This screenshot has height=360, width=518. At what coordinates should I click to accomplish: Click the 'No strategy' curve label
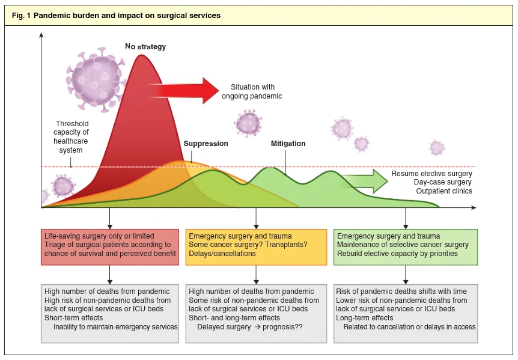click(x=145, y=46)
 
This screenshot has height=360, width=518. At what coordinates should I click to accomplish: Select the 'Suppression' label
click(x=206, y=144)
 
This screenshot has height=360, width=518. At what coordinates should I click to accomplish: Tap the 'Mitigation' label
click(x=288, y=144)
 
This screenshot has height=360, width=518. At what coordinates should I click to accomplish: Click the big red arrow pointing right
click(x=184, y=91)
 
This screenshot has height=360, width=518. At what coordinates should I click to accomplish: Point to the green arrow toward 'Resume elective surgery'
click(x=364, y=181)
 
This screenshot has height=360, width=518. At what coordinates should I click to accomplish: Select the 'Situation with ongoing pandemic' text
click(x=252, y=91)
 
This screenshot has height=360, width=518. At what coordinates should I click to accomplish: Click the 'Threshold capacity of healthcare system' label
click(x=71, y=137)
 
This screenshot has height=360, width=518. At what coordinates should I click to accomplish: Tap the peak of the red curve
click(x=141, y=55)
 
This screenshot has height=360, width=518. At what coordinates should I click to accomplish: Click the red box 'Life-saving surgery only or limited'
click(x=110, y=247)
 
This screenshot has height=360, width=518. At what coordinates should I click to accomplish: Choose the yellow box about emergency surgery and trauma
click(x=256, y=247)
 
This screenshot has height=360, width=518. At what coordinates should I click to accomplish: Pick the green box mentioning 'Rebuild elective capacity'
click(x=406, y=247)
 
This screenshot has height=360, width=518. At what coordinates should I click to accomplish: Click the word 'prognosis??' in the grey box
click(x=283, y=327)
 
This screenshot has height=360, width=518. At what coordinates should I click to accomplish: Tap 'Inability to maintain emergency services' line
click(x=115, y=327)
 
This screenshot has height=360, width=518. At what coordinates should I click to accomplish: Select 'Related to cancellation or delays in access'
click(x=410, y=327)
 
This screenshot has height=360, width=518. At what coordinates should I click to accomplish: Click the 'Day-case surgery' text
click(x=443, y=182)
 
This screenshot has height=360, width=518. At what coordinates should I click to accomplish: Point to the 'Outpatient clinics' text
click(x=444, y=191)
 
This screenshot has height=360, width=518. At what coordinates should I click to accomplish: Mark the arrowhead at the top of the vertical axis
click(x=41, y=34)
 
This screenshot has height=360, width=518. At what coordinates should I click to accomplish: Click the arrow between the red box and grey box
click(x=110, y=275)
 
